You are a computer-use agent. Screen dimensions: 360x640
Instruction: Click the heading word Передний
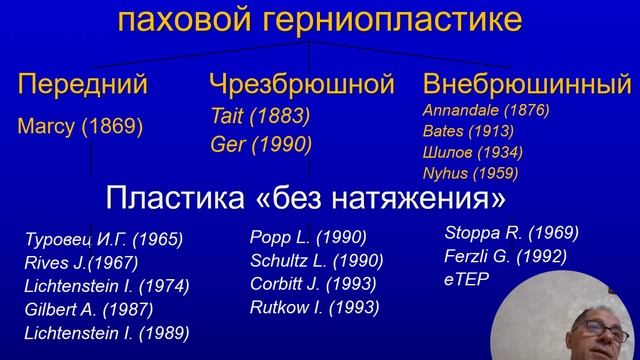click(x=83, y=85)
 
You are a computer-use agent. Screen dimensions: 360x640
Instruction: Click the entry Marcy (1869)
click(x=80, y=127)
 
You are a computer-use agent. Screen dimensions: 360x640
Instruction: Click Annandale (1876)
click(x=486, y=109)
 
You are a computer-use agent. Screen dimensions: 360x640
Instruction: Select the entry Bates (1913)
click(x=468, y=130)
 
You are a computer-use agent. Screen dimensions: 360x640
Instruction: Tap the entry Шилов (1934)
click(x=472, y=152)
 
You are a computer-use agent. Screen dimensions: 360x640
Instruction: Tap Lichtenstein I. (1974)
click(x=106, y=286)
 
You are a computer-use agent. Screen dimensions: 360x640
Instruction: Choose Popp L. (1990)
click(x=308, y=238)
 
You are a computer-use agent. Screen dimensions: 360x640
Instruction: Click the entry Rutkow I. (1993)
click(x=316, y=307)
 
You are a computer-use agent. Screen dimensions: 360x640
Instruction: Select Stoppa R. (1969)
click(x=511, y=233)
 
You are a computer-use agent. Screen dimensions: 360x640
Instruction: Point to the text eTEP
click(x=467, y=280)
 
